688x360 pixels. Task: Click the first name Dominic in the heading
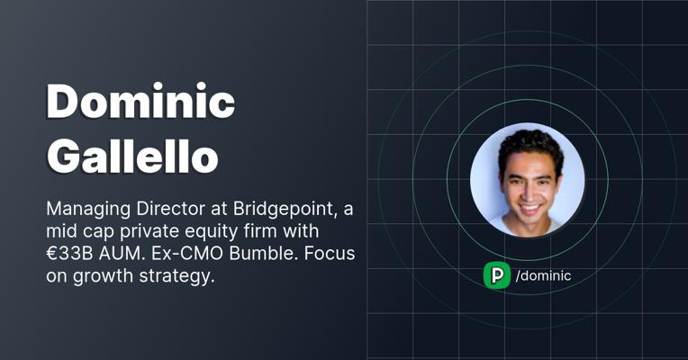(140, 101)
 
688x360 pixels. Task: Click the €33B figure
(69, 254)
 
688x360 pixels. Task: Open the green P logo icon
(497, 275)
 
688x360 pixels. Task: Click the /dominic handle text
(543, 275)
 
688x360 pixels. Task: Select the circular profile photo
(528, 180)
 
